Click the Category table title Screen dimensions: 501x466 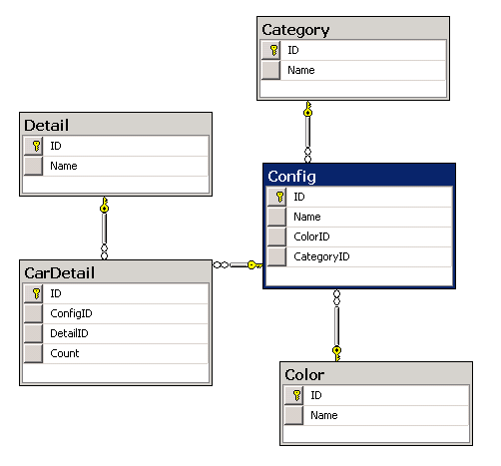295,30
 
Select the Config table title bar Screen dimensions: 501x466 359,176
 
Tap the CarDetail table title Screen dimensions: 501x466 60,273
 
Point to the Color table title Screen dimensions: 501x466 304,375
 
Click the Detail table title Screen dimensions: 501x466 47,126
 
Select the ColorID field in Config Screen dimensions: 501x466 311,236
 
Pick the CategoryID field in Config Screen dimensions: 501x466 321,256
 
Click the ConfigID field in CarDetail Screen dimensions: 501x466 71,313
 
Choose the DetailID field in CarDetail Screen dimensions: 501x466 69,333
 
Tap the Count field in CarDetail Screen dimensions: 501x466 65,353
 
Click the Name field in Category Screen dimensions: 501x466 301,70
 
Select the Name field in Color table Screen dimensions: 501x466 324,415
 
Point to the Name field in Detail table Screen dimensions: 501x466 64,166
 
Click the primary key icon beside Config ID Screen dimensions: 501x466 280,197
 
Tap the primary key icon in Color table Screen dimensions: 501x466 297,395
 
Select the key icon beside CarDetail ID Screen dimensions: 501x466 37,293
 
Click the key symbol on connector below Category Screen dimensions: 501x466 308,109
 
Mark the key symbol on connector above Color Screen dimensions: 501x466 336,353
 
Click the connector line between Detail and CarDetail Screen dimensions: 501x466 104,229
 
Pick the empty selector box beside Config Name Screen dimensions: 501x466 276,217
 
